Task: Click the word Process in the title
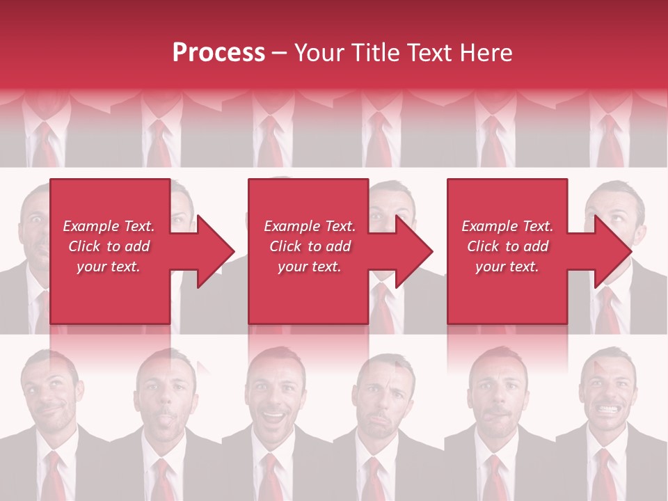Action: [x=218, y=53]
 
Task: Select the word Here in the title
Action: [x=487, y=53]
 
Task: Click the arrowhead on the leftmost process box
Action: [x=212, y=251]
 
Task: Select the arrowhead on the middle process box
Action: [x=411, y=251]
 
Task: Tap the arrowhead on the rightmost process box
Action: [x=610, y=251]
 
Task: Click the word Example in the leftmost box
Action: [x=90, y=226]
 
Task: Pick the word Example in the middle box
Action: [x=292, y=226]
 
